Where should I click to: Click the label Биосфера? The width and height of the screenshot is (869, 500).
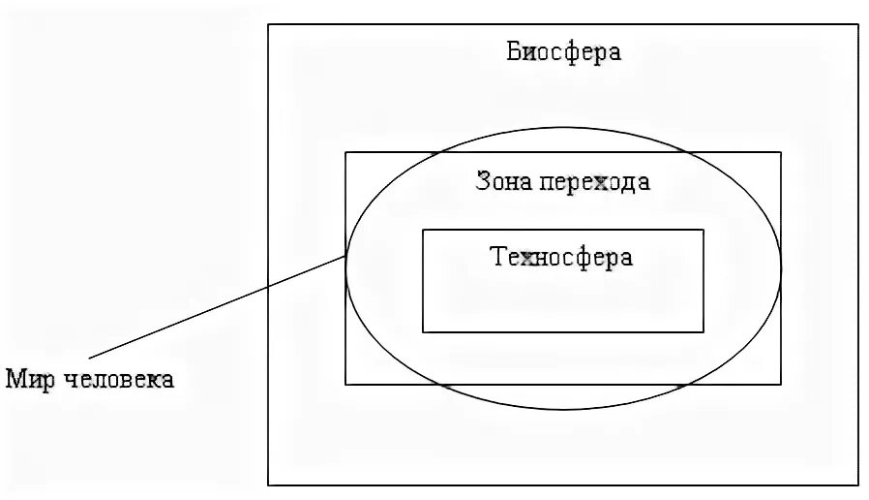[562, 51]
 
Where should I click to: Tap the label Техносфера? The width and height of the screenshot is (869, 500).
[561, 258]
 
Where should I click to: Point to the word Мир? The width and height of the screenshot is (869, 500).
[28, 379]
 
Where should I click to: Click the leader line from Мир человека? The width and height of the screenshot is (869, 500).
[213, 307]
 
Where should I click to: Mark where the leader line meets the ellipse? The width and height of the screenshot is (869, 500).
[346, 256]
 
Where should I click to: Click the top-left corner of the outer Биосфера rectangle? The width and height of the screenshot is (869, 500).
[268, 24]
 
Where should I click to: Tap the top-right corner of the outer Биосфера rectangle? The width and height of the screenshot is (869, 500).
[858, 24]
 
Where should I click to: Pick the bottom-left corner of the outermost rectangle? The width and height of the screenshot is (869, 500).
[268, 484]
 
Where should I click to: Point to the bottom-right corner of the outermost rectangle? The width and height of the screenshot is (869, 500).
[858, 484]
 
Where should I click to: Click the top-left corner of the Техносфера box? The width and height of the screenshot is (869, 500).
[423, 230]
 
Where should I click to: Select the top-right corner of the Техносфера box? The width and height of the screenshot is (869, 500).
[704, 230]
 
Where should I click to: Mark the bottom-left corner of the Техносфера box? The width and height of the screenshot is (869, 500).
[423, 332]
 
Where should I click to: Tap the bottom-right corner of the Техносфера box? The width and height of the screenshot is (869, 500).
[704, 332]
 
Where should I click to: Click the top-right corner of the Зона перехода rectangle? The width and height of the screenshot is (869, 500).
[781, 152]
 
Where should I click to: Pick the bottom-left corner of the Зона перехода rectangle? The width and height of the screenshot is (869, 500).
[345, 385]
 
